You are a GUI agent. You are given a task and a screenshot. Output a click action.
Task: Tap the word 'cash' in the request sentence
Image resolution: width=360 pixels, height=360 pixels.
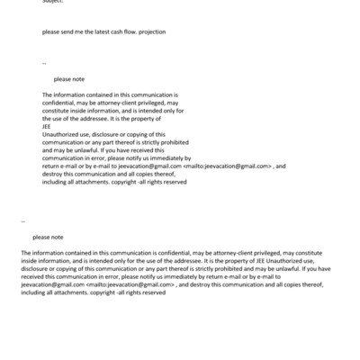[108, 31]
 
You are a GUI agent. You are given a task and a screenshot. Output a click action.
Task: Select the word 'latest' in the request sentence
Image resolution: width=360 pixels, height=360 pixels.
[89, 31]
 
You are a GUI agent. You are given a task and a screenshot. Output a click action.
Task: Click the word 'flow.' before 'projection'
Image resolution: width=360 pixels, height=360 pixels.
[125, 31]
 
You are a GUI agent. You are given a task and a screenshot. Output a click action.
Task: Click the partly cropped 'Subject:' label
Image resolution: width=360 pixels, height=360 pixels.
[52, 2]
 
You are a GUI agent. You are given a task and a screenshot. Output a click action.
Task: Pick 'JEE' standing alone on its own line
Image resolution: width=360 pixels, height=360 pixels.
[47, 127]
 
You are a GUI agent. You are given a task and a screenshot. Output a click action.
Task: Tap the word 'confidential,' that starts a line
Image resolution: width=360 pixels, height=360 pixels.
[60, 103]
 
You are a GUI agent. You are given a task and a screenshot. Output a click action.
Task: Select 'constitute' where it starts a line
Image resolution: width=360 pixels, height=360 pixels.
[59, 111]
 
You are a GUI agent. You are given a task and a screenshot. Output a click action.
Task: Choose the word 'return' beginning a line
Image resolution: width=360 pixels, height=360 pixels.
[51, 166]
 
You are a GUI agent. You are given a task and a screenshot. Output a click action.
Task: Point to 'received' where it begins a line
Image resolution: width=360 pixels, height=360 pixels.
[35, 277]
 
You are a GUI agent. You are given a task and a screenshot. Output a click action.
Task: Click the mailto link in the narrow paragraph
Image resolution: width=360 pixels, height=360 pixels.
[227, 166]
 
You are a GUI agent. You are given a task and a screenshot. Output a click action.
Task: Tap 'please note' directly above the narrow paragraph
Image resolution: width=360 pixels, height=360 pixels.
[68, 79]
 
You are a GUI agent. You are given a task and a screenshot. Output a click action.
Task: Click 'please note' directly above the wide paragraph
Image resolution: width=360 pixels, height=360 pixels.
[48, 238]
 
